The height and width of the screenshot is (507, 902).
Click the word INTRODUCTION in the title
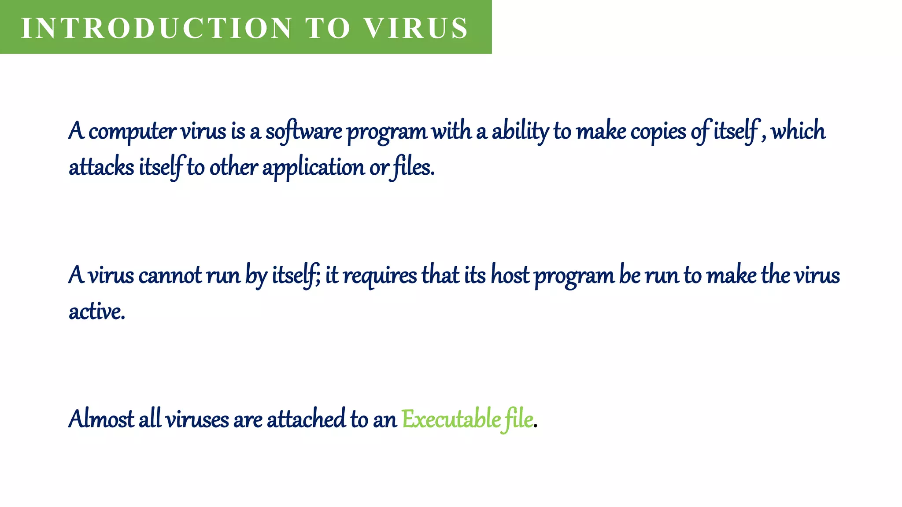[156, 28]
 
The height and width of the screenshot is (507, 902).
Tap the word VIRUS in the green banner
[417, 28]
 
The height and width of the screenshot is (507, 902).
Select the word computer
[132, 132]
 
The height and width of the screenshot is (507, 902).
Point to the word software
[303, 132]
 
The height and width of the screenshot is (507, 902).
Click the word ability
[520, 132]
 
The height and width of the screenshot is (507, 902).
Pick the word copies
[658, 132]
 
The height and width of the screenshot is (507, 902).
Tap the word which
[798, 131]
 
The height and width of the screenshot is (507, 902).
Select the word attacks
[101, 168]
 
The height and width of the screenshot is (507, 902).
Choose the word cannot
[170, 276]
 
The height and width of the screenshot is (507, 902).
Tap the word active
[96, 312]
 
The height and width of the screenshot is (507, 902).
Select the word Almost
[101, 419]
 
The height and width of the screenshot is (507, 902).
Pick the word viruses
[197, 419]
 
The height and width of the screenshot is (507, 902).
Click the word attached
[306, 419]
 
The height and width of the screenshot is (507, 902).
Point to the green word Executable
[451, 419]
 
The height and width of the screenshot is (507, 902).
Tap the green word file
[519, 419]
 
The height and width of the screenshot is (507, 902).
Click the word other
[233, 168]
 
